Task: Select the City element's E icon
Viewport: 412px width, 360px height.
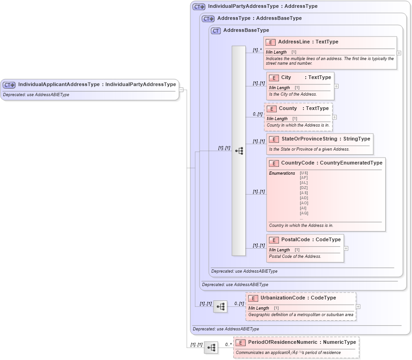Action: click(274, 78)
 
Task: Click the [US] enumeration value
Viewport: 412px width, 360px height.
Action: click(304, 173)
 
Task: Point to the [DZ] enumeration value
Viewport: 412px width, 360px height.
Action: click(304, 188)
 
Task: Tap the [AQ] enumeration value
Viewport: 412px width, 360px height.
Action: click(304, 213)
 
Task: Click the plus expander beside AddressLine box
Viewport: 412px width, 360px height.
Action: click(399, 53)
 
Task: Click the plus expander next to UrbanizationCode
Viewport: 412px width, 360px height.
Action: click(358, 306)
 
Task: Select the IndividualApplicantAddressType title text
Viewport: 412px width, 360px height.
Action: click(97, 85)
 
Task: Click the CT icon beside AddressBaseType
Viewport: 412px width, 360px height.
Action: click(216, 31)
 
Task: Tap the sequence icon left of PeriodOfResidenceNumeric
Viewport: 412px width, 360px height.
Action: click(211, 348)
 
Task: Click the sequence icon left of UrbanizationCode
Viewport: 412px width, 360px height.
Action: click(220, 306)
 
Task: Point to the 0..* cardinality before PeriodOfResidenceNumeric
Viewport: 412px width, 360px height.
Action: click(228, 345)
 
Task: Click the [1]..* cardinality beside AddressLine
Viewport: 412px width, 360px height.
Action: click(257, 50)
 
